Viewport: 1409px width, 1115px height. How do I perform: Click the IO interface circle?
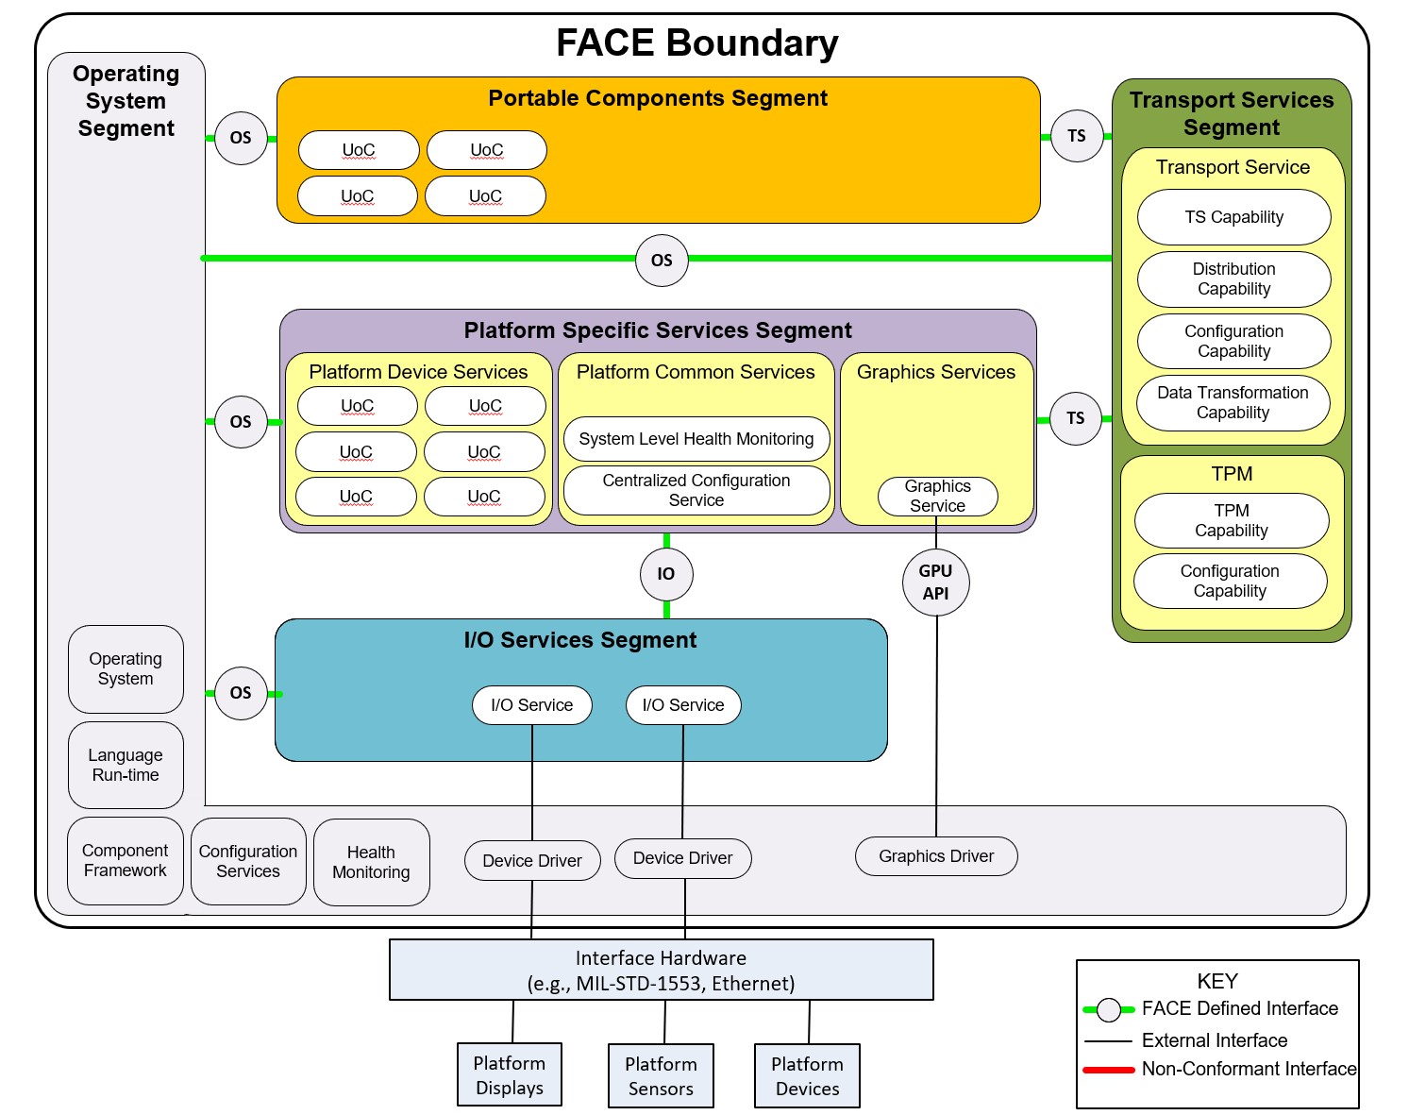(666, 574)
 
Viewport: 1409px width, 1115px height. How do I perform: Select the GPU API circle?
(935, 583)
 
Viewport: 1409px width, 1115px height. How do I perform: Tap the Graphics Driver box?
(936, 856)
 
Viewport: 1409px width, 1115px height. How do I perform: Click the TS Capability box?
(1233, 217)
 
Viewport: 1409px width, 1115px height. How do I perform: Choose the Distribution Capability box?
(1233, 279)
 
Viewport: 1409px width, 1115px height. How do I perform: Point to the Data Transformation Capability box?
(1233, 403)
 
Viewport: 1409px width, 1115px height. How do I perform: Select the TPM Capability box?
(1231, 521)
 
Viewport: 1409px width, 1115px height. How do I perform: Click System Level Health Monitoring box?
(696, 439)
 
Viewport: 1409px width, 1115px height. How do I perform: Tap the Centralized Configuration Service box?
(696, 491)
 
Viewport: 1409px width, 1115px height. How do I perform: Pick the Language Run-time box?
(126, 766)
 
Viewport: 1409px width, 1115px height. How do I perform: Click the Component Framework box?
(126, 861)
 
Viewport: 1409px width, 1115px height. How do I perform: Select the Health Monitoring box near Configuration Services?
(371, 863)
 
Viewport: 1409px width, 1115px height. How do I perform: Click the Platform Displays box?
(510, 1074)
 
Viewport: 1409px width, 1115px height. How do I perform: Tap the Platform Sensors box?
(661, 1075)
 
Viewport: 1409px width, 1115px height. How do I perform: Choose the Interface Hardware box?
(661, 970)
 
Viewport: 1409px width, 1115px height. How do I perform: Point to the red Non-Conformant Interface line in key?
(1109, 1070)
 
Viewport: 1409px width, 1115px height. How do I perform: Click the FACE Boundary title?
(696, 43)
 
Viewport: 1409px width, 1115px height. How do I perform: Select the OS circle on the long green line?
(662, 260)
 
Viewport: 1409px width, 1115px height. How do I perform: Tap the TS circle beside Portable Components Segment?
(1077, 136)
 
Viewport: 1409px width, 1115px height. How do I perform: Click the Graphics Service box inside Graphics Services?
(937, 497)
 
